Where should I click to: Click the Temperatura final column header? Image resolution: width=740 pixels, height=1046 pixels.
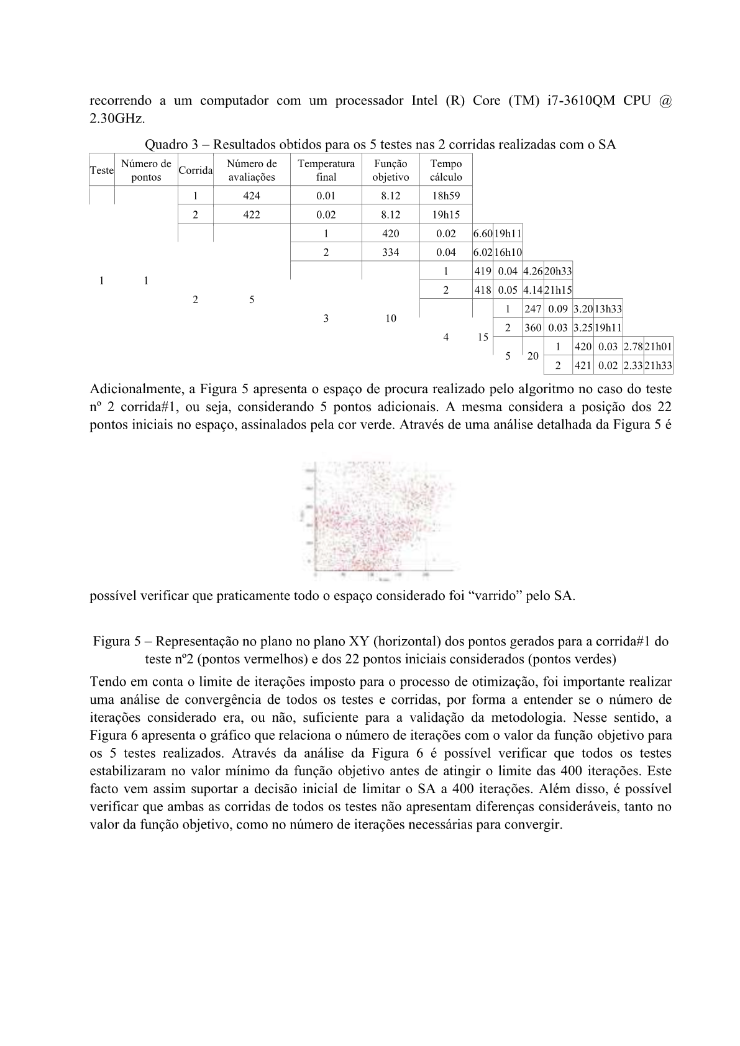326,170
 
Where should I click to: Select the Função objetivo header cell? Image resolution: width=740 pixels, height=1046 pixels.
390,170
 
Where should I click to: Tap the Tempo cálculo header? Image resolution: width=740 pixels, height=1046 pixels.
445,170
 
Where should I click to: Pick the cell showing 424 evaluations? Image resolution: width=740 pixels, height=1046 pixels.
252,196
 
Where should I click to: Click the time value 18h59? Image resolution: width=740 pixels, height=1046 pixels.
445,196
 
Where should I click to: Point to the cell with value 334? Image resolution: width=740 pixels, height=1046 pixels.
390,252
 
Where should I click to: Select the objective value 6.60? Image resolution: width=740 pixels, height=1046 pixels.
483,234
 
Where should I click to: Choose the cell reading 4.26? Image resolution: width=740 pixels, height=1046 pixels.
532,271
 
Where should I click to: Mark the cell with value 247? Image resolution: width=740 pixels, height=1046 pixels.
532,309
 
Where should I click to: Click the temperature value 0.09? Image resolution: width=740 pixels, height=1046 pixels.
558,309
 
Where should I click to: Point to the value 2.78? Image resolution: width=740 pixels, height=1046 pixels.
633,347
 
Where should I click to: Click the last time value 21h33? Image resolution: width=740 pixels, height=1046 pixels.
658,365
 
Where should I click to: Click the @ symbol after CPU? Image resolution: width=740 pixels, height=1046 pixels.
664,101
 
